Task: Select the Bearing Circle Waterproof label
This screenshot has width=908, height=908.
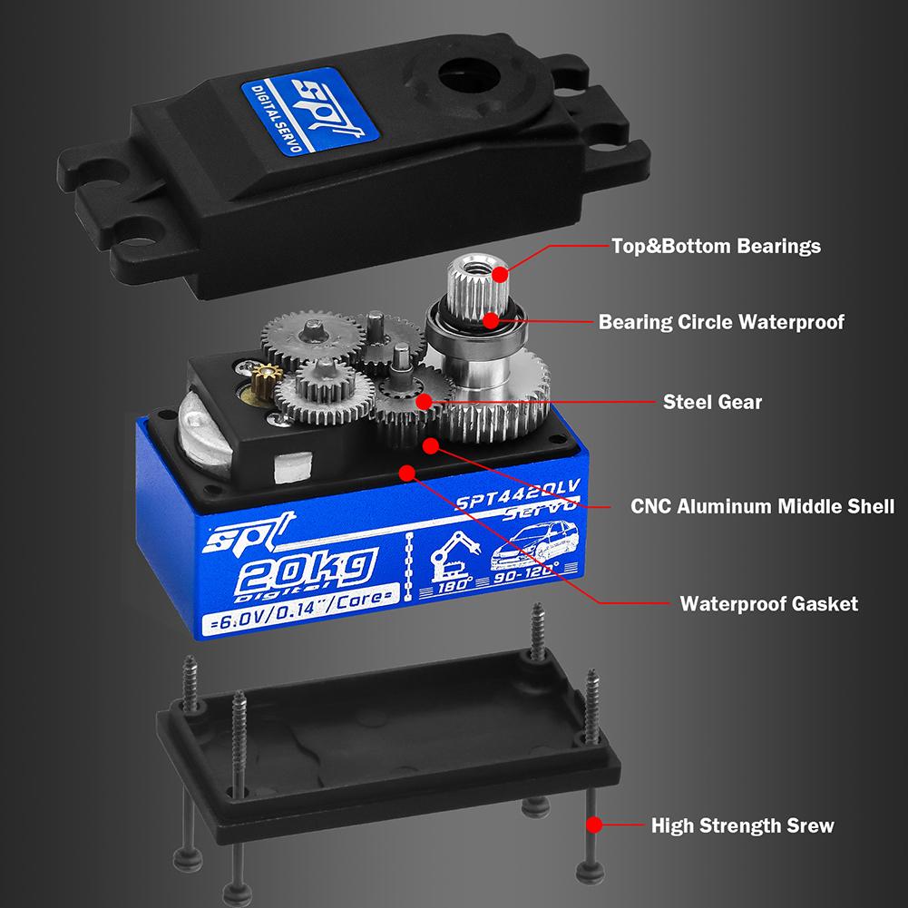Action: click(721, 322)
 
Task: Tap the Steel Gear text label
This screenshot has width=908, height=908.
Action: click(712, 402)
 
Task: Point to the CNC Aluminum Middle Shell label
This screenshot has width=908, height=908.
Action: click(763, 506)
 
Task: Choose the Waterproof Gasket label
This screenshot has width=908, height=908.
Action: click(768, 603)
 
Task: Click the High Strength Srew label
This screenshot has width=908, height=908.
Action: click(742, 825)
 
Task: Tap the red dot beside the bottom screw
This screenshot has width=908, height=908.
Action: click(594, 825)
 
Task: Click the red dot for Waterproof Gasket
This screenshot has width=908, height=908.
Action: click(406, 472)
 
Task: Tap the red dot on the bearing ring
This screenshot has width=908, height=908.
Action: click(490, 319)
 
